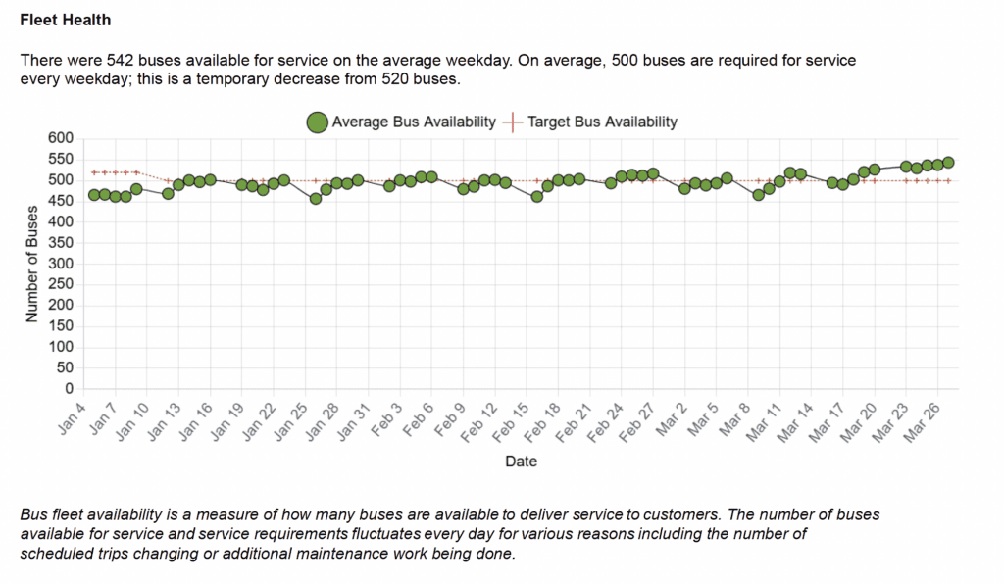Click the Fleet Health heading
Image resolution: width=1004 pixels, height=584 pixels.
point(65,20)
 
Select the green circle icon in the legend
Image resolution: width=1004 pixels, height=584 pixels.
point(318,122)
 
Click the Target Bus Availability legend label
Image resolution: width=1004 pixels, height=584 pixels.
point(602,122)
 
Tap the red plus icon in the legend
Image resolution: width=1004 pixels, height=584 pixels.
point(513,122)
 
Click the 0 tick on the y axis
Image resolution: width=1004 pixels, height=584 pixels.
point(70,389)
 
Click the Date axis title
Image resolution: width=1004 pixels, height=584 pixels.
point(521,461)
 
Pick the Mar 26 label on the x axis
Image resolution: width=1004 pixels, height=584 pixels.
point(929,418)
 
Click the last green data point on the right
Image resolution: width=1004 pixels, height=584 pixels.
point(948,163)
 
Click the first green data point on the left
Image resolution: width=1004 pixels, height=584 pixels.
point(94,195)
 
